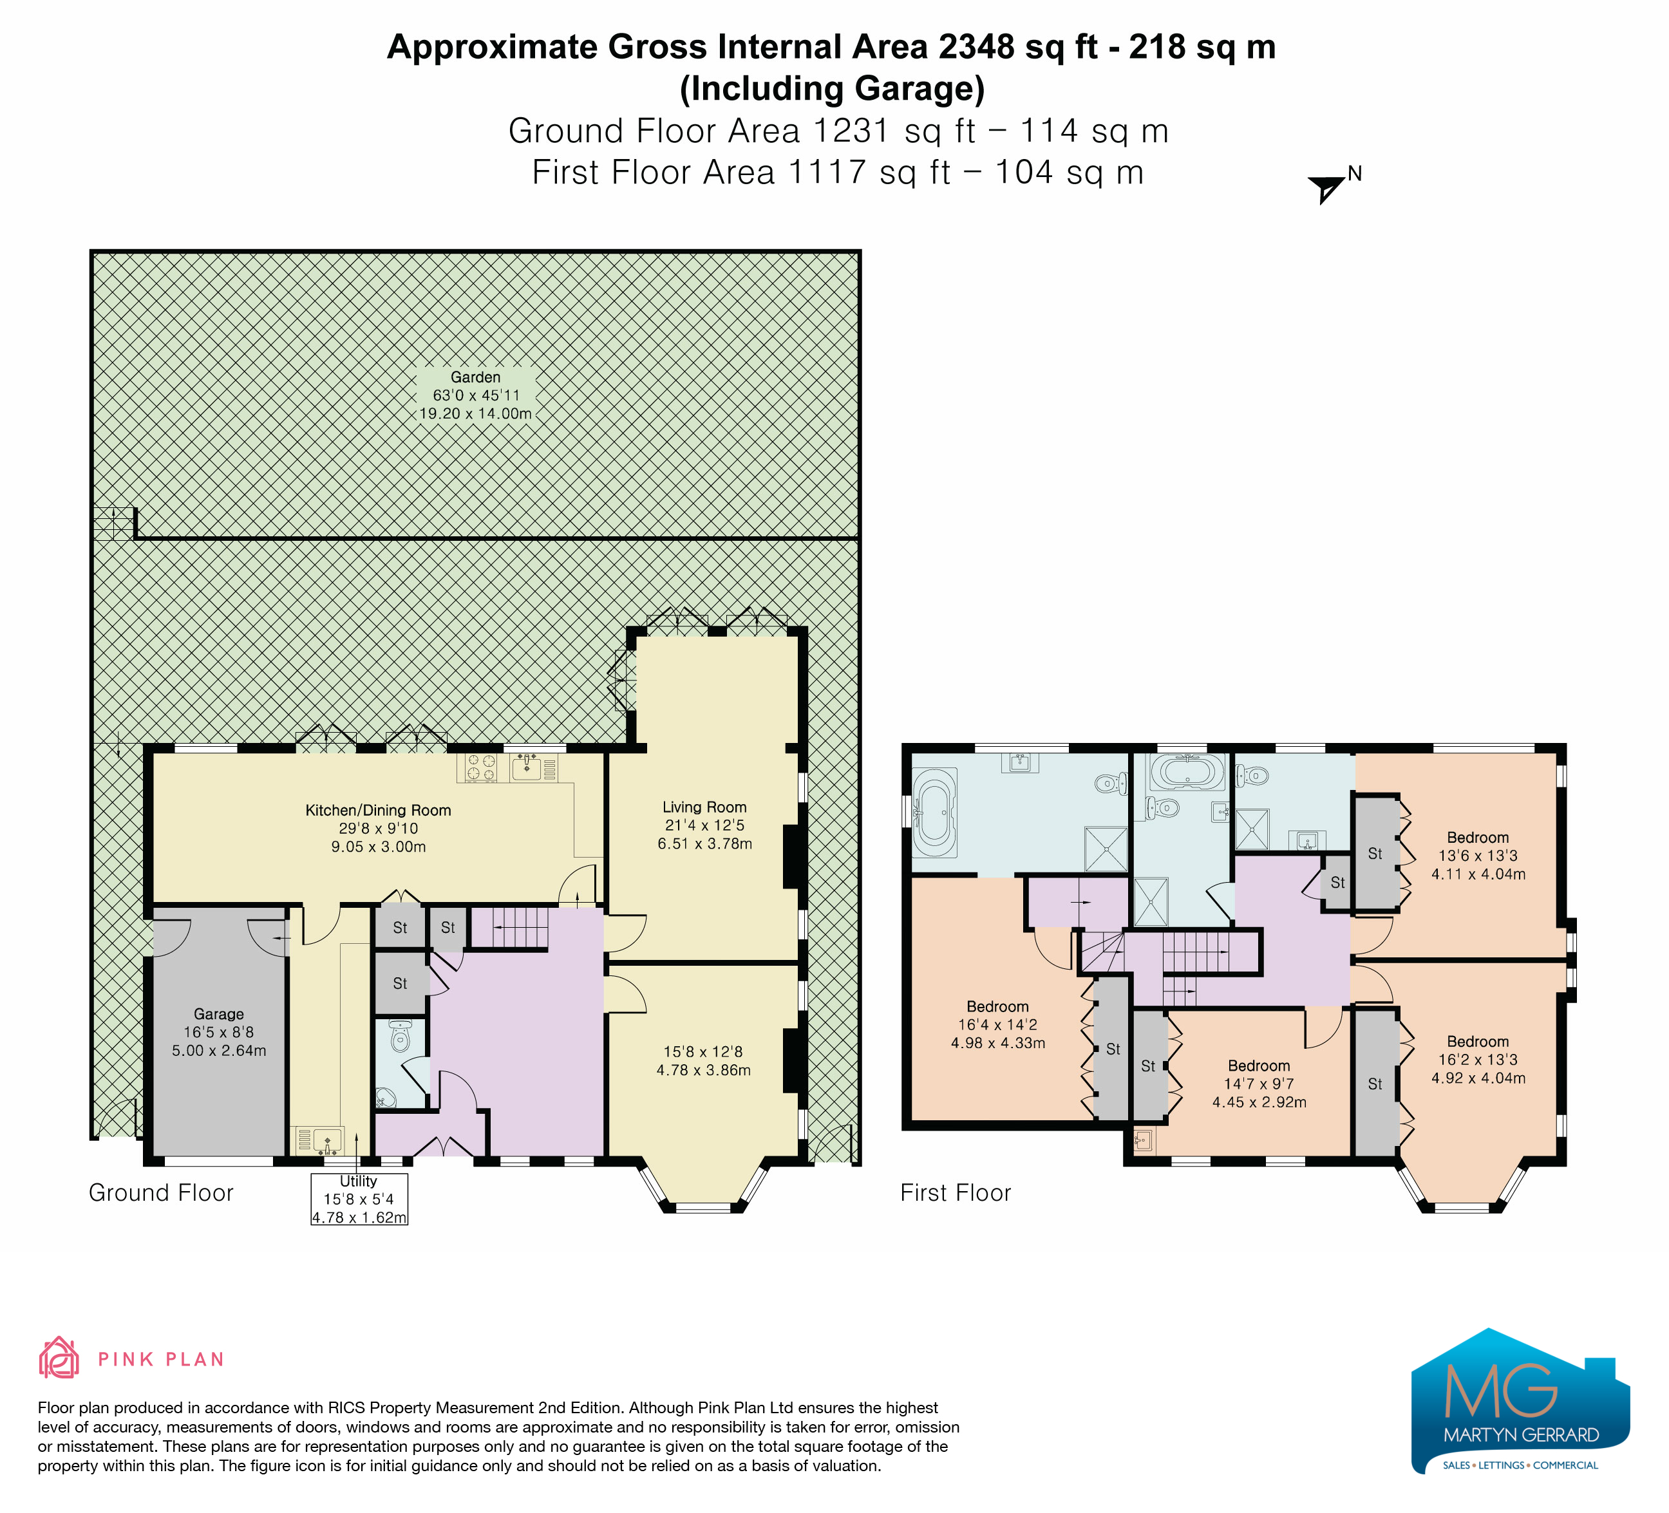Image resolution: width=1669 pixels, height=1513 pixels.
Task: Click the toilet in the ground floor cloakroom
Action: [x=401, y=1037]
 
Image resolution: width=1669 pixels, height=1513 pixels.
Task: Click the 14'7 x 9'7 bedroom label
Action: [x=1259, y=1084]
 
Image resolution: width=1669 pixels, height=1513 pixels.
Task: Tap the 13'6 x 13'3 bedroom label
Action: [x=1478, y=856]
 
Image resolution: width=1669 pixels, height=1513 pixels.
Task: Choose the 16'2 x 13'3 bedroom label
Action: [x=1478, y=1060]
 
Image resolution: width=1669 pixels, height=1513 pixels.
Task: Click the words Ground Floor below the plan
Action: [x=162, y=1192]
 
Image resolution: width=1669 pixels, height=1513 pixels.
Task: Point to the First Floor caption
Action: [x=956, y=1192]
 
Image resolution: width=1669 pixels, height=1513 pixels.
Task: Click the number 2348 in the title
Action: [x=977, y=47]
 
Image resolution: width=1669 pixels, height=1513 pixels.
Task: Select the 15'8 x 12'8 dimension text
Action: [x=704, y=1061]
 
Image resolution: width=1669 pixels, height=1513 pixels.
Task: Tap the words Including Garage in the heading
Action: [x=833, y=89]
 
